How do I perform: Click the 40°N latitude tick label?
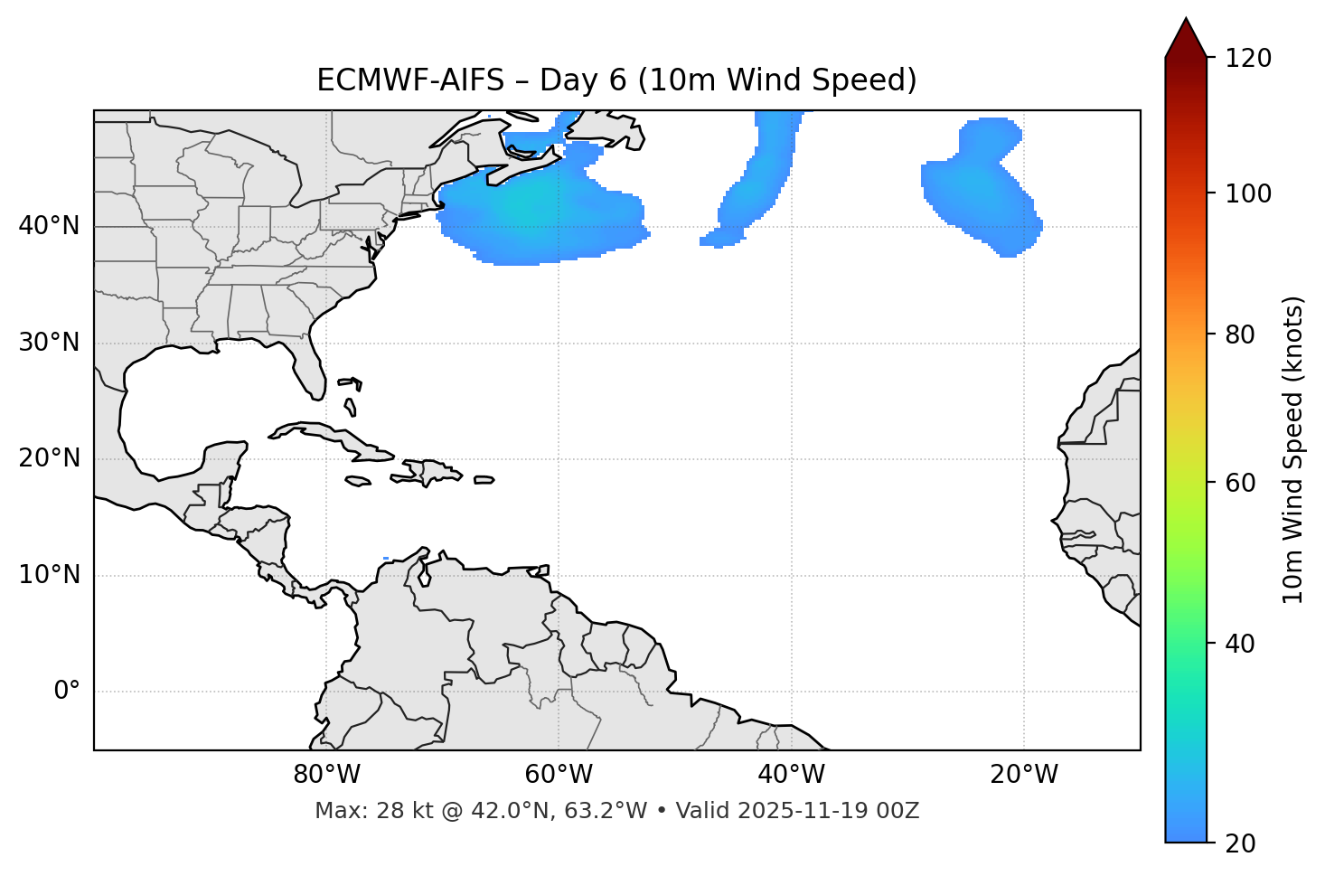(49, 226)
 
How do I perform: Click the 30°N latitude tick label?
(49, 343)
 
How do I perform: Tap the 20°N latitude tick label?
(49, 458)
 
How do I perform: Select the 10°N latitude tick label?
(49, 575)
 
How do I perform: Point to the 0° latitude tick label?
(67, 692)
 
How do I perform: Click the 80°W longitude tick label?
(326, 775)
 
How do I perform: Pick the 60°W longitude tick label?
(559, 775)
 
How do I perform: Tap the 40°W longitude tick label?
(791, 775)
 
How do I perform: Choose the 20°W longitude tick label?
(1023, 775)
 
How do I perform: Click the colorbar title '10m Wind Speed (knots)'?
(1293, 449)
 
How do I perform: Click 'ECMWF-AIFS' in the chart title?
(410, 80)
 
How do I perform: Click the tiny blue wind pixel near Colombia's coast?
(386, 558)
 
